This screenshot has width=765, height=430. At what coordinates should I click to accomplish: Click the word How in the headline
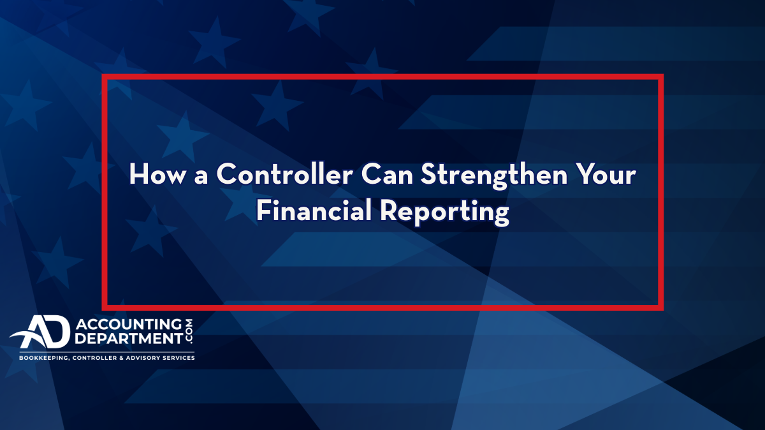point(158,174)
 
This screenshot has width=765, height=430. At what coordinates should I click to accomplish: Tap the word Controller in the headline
point(285,174)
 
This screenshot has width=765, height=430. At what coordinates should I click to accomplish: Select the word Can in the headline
point(387,174)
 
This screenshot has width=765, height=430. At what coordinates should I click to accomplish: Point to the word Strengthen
point(494,175)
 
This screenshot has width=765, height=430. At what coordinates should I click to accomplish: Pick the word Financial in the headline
point(314,210)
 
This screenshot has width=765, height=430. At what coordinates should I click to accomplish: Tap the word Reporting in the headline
point(444,212)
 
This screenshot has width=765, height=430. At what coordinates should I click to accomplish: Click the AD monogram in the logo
point(40,332)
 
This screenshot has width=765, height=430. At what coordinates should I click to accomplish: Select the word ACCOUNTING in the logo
point(129,324)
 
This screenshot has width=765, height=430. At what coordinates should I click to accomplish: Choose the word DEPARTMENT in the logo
point(129,338)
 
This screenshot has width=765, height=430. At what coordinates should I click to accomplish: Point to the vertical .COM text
point(189,332)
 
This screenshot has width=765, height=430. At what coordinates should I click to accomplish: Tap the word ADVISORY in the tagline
point(142,358)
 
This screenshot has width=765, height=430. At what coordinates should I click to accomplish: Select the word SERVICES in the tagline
point(178,358)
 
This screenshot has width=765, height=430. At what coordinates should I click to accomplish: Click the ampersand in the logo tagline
point(121,358)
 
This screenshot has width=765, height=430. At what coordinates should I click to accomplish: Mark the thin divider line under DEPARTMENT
point(107,352)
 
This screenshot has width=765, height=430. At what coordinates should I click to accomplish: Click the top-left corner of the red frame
point(102,74)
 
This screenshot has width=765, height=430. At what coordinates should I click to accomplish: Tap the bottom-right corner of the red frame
point(663,310)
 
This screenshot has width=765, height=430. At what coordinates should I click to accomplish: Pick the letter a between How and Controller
point(201,177)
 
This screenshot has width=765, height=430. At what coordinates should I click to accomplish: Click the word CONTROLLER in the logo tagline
point(95,358)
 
